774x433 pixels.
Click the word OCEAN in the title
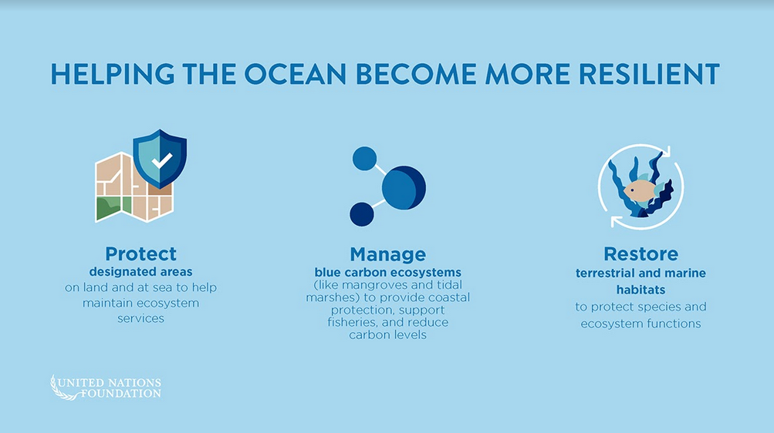click(x=295, y=74)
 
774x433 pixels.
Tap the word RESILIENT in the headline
click(x=649, y=74)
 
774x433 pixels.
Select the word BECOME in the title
click(x=416, y=74)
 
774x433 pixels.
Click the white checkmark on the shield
click(x=162, y=160)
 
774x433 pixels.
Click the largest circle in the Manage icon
click(x=404, y=188)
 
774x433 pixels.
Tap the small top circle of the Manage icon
click(x=364, y=159)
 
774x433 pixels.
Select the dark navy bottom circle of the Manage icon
click(x=362, y=214)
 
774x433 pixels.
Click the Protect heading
click(x=140, y=254)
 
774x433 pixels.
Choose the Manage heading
click(x=388, y=255)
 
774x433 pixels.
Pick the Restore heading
click(x=640, y=254)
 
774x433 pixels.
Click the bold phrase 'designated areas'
click(x=140, y=272)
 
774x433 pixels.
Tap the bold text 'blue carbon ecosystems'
click(x=388, y=273)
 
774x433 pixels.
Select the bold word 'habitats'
click(x=640, y=290)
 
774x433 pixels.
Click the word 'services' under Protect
click(x=140, y=318)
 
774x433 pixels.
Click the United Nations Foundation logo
click(x=106, y=388)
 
